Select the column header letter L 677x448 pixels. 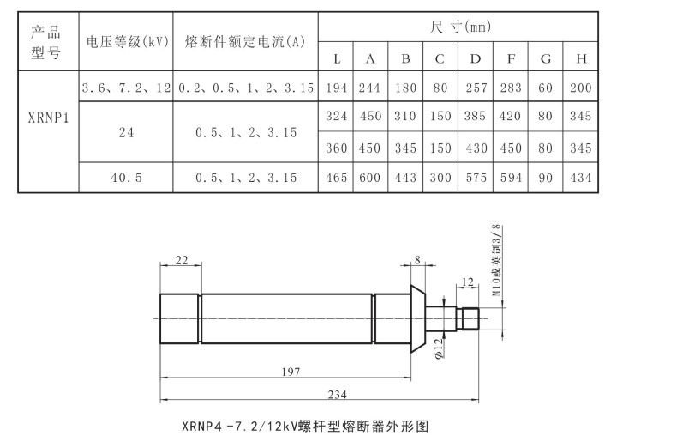[x=337, y=58]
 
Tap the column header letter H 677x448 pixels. [x=581, y=58]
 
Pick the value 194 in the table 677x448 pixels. [x=337, y=88]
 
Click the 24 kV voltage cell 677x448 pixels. [x=126, y=132]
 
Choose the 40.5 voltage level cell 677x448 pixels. [x=126, y=178]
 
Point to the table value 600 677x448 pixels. [x=370, y=178]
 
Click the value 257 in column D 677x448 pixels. [x=475, y=88]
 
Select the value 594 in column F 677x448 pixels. [x=511, y=178]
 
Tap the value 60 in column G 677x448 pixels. [x=546, y=88]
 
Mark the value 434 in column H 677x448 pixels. [x=581, y=178]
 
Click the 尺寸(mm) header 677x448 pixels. [x=459, y=27]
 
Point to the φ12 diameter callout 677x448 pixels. [x=438, y=347]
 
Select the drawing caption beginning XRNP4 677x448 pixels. [x=305, y=425]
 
